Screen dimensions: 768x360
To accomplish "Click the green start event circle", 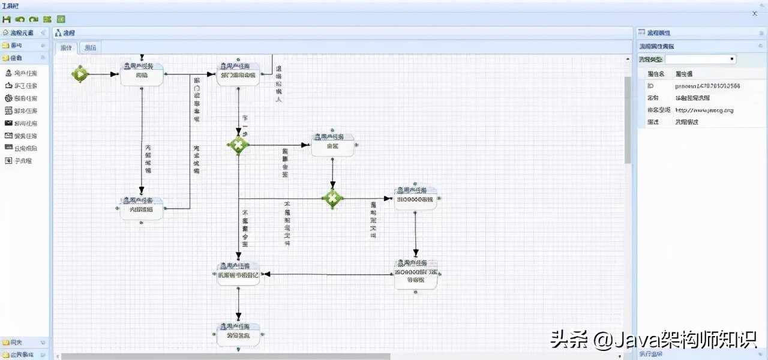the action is (x=80, y=74).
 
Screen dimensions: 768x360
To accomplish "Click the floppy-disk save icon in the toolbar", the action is (x=7, y=19).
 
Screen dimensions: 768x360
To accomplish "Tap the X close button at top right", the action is (x=754, y=13).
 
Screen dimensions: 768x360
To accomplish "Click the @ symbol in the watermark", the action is (x=600, y=341).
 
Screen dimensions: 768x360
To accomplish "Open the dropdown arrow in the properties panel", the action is (x=731, y=59).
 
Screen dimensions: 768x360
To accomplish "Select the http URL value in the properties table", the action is (x=704, y=110).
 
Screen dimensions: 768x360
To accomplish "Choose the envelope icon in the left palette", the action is (x=9, y=123).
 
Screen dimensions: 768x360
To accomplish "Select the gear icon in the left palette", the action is (x=9, y=98).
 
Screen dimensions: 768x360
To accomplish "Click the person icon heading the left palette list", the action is (x=9, y=73).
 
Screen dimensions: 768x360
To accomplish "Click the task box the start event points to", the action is (x=142, y=74).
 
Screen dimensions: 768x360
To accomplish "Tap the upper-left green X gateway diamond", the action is (x=238, y=145).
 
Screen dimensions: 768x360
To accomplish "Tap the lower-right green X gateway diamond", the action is (x=332, y=198).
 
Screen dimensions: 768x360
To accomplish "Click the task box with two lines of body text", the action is (x=416, y=275).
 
